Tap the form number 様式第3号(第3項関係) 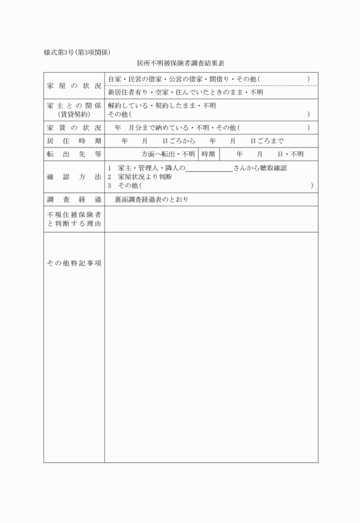click(77, 53)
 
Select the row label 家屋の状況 click(74, 86)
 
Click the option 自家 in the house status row click(114, 79)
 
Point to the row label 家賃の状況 click(74, 127)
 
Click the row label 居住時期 click(74, 141)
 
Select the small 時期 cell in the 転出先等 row click(207, 154)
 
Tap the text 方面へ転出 click(158, 154)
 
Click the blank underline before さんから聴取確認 click(209, 169)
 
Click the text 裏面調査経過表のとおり click(151, 199)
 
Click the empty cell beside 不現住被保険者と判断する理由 click(211, 219)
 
